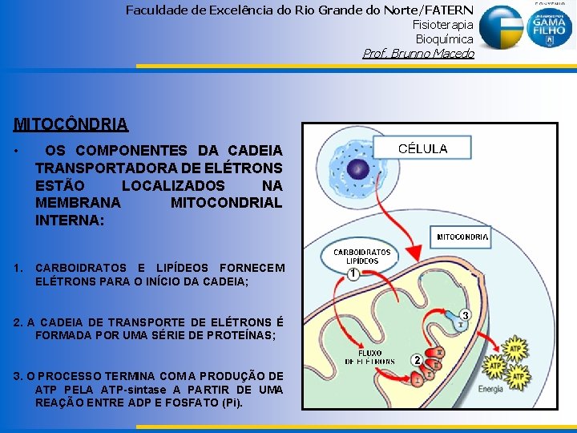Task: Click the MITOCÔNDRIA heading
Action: point(71,124)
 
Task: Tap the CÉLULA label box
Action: point(424,148)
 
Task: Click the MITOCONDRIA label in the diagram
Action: point(462,237)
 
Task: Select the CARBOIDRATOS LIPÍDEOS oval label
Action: point(362,257)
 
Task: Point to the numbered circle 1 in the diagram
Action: point(353,274)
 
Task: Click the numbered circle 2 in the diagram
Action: point(417,359)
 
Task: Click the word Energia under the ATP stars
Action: point(490,389)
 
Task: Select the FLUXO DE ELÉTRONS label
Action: point(370,357)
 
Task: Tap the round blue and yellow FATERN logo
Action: point(500,28)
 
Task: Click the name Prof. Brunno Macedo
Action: point(418,54)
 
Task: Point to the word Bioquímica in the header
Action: point(444,39)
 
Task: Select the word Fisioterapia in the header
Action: point(442,25)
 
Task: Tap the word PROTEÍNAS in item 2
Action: point(240,335)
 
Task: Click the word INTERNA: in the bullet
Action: point(70,220)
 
